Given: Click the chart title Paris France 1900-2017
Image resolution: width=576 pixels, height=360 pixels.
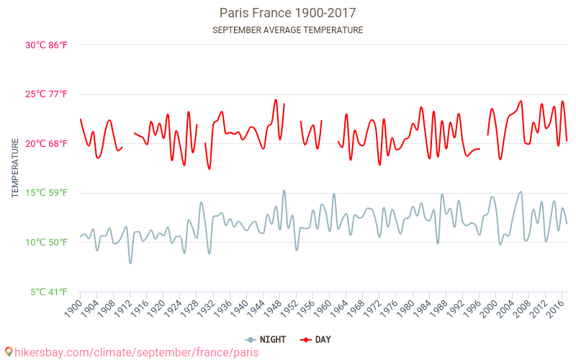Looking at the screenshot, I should (x=287, y=13).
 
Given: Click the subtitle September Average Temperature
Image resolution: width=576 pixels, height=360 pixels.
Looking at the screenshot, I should (x=287, y=30).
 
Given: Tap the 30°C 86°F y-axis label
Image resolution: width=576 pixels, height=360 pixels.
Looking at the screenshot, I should (x=46, y=45).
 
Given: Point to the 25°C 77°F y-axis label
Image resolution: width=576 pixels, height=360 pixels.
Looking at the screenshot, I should (x=46, y=94).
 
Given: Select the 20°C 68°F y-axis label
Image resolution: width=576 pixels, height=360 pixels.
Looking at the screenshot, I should (x=46, y=143).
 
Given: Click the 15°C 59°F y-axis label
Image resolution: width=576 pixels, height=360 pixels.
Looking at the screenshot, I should (x=46, y=193).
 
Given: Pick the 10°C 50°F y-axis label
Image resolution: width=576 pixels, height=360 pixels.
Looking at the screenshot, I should (x=46, y=242).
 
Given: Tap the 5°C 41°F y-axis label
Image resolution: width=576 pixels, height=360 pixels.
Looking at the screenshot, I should (x=48, y=292).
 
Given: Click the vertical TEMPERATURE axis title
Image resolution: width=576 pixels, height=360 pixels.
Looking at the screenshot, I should (x=15, y=168).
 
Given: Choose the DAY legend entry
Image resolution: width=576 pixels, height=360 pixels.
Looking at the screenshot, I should (x=316, y=339).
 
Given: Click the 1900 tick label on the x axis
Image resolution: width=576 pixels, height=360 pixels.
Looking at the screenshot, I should (x=73, y=309).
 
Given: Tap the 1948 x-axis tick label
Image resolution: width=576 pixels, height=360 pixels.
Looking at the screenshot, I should (x=271, y=309).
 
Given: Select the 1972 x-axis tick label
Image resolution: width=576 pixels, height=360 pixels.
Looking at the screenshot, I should (x=371, y=309).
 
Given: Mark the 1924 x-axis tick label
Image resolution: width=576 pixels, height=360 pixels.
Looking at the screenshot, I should (x=172, y=309).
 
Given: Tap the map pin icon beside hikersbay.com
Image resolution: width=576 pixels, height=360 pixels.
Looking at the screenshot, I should (x=8, y=351).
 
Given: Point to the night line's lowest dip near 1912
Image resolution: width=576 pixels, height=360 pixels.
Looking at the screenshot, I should (x=130, y=263).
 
